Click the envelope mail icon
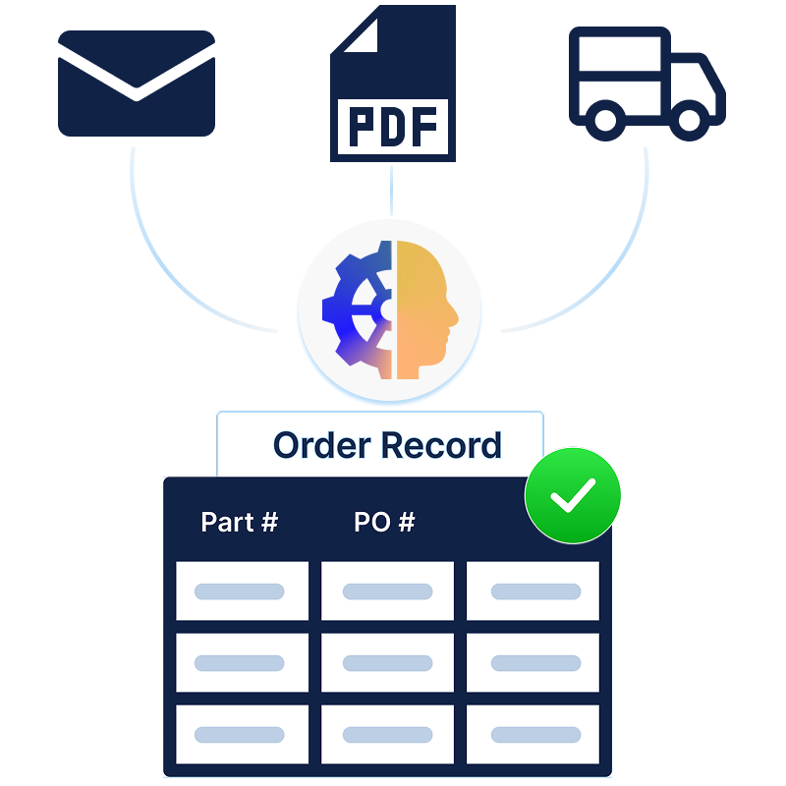[x=137, y=84]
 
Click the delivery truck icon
[x=646, y=84]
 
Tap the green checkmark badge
[x=573, y=495]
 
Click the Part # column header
[x=239, y=522]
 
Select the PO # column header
[x=384, y=522]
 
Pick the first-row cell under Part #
[x=242, y=591]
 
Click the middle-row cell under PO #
[x=387, y=663]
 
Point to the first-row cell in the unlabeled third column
[x=533, y=591]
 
